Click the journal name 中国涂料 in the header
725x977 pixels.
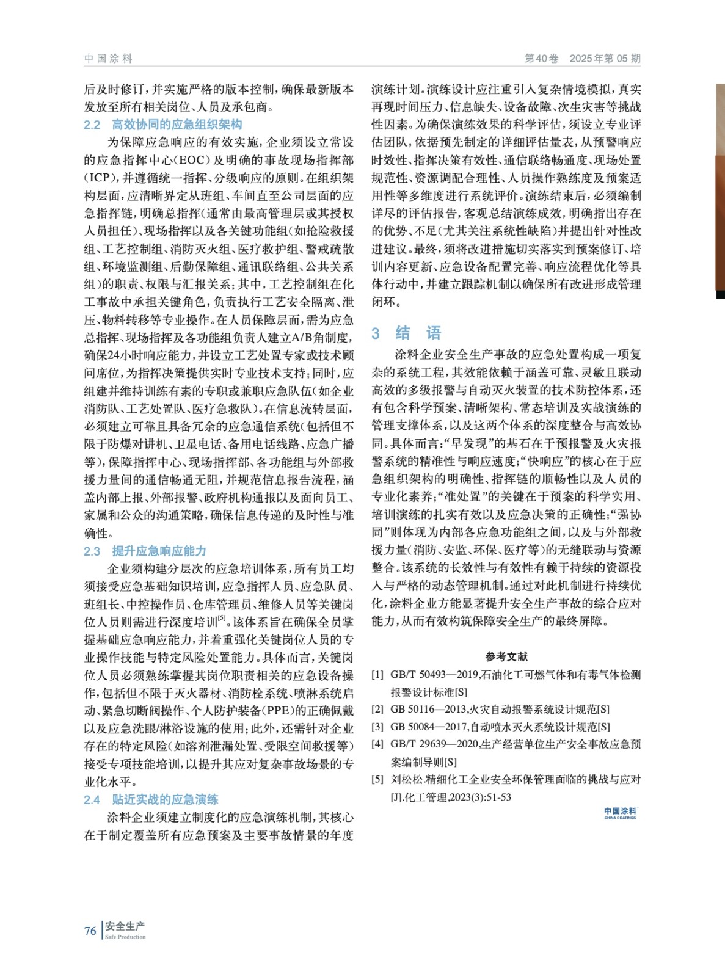click(x=108, y=59)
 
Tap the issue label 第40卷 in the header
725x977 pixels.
click(x=541, y=59)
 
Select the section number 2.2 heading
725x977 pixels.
click(x=92, y=125)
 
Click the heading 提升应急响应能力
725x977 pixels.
click(x=159, y=551)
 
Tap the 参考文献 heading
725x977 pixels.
click(x=506, y=657)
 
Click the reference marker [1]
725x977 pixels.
click(x=377, y=675)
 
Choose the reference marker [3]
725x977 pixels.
click(x=377, y=727)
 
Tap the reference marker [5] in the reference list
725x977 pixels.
click(x=377, y=780)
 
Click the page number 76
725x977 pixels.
click(x=90, y=931)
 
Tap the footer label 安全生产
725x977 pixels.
click(x=125, y=927)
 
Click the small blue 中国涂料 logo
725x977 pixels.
click(x=620, y=813)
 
